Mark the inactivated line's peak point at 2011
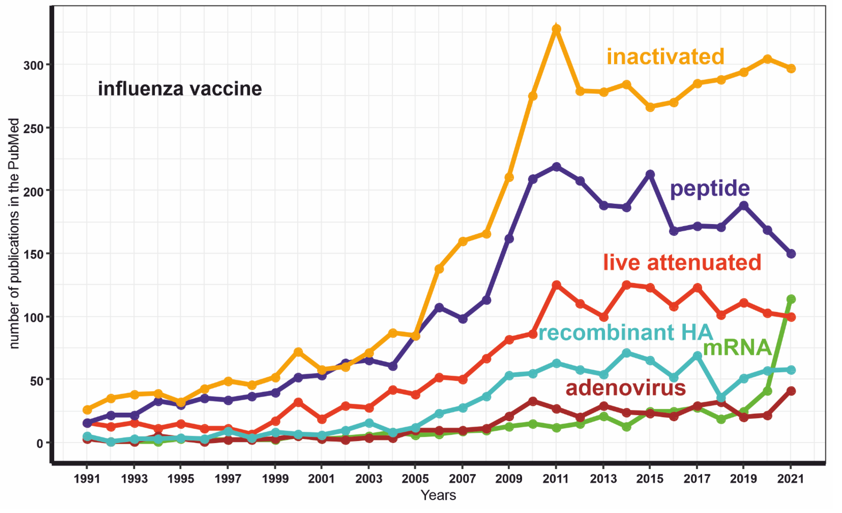click(x=556, y=29)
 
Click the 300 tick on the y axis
click(x=33, y=65)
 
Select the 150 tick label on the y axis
click(x=33, y=255)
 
